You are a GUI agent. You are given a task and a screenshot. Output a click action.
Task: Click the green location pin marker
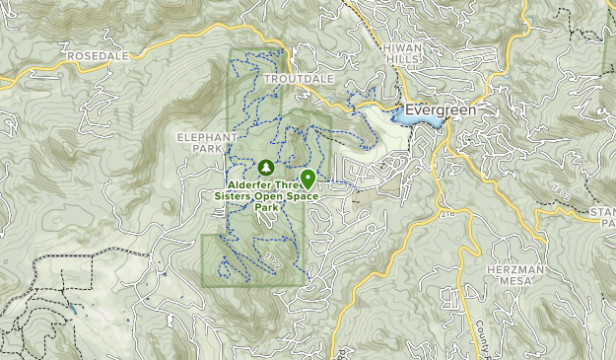(x=308, y=179)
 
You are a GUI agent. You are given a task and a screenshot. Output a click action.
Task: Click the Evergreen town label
(x=441, y=110)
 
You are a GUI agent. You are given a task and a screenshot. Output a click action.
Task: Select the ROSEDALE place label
(x=99, y=58)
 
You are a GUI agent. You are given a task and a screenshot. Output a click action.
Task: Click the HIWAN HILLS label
(x=402, y=53)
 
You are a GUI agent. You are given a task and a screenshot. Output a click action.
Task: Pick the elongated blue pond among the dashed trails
(x=72, y=311)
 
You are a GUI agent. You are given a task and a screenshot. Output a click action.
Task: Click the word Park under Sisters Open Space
(x=265, y=207)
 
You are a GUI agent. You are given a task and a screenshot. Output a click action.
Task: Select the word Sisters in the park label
(x=235, y=195)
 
